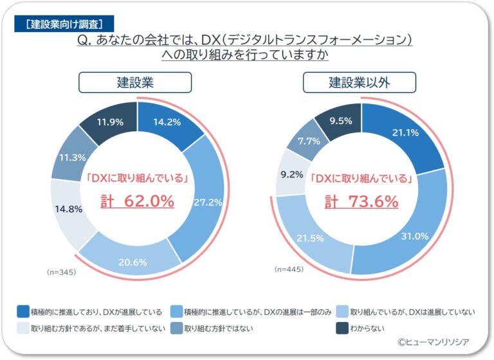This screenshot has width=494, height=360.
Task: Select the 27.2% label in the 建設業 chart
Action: tap(208, 202)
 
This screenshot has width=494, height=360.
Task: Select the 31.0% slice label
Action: tap(414, 236)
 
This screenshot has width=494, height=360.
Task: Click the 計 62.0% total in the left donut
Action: tap(137, 201)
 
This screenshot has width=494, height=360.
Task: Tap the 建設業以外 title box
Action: tap(360, 82)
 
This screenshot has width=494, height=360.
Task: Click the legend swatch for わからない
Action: tap(343, 328)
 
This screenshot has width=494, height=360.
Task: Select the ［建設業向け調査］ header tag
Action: tap(62, 24)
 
